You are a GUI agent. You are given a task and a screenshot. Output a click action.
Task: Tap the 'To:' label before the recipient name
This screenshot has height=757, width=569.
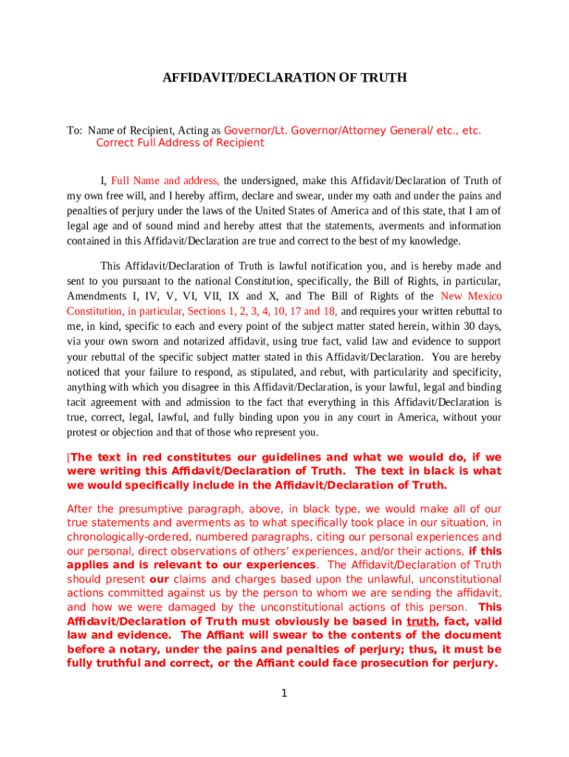(75, 131)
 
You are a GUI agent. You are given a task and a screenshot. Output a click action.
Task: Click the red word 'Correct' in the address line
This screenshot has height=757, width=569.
(115, 143)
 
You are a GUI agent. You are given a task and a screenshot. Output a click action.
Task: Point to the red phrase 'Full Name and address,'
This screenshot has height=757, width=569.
(165, 180)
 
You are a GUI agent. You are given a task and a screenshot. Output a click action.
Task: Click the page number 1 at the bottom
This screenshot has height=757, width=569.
(284, 693)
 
